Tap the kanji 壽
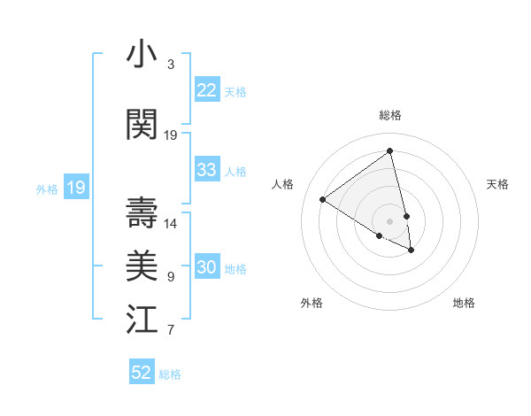tap(142, 212)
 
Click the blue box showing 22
tap(207, 90)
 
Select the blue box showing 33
tap(207, 170)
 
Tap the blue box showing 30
tap(207, 267)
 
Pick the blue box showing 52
tap(142, 373)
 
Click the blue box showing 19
tap(76, 188)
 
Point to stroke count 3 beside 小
tap(170, 65)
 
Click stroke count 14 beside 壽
tap(171, 224)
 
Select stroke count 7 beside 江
tap(170, 331)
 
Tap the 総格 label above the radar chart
tap(390, 115)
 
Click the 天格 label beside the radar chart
tap(497, 184)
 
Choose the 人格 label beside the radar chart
tap(283, 184)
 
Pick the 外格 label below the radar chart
tap(312, 303)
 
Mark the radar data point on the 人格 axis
tap(323, 199)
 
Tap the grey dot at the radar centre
tap(390, 220)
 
